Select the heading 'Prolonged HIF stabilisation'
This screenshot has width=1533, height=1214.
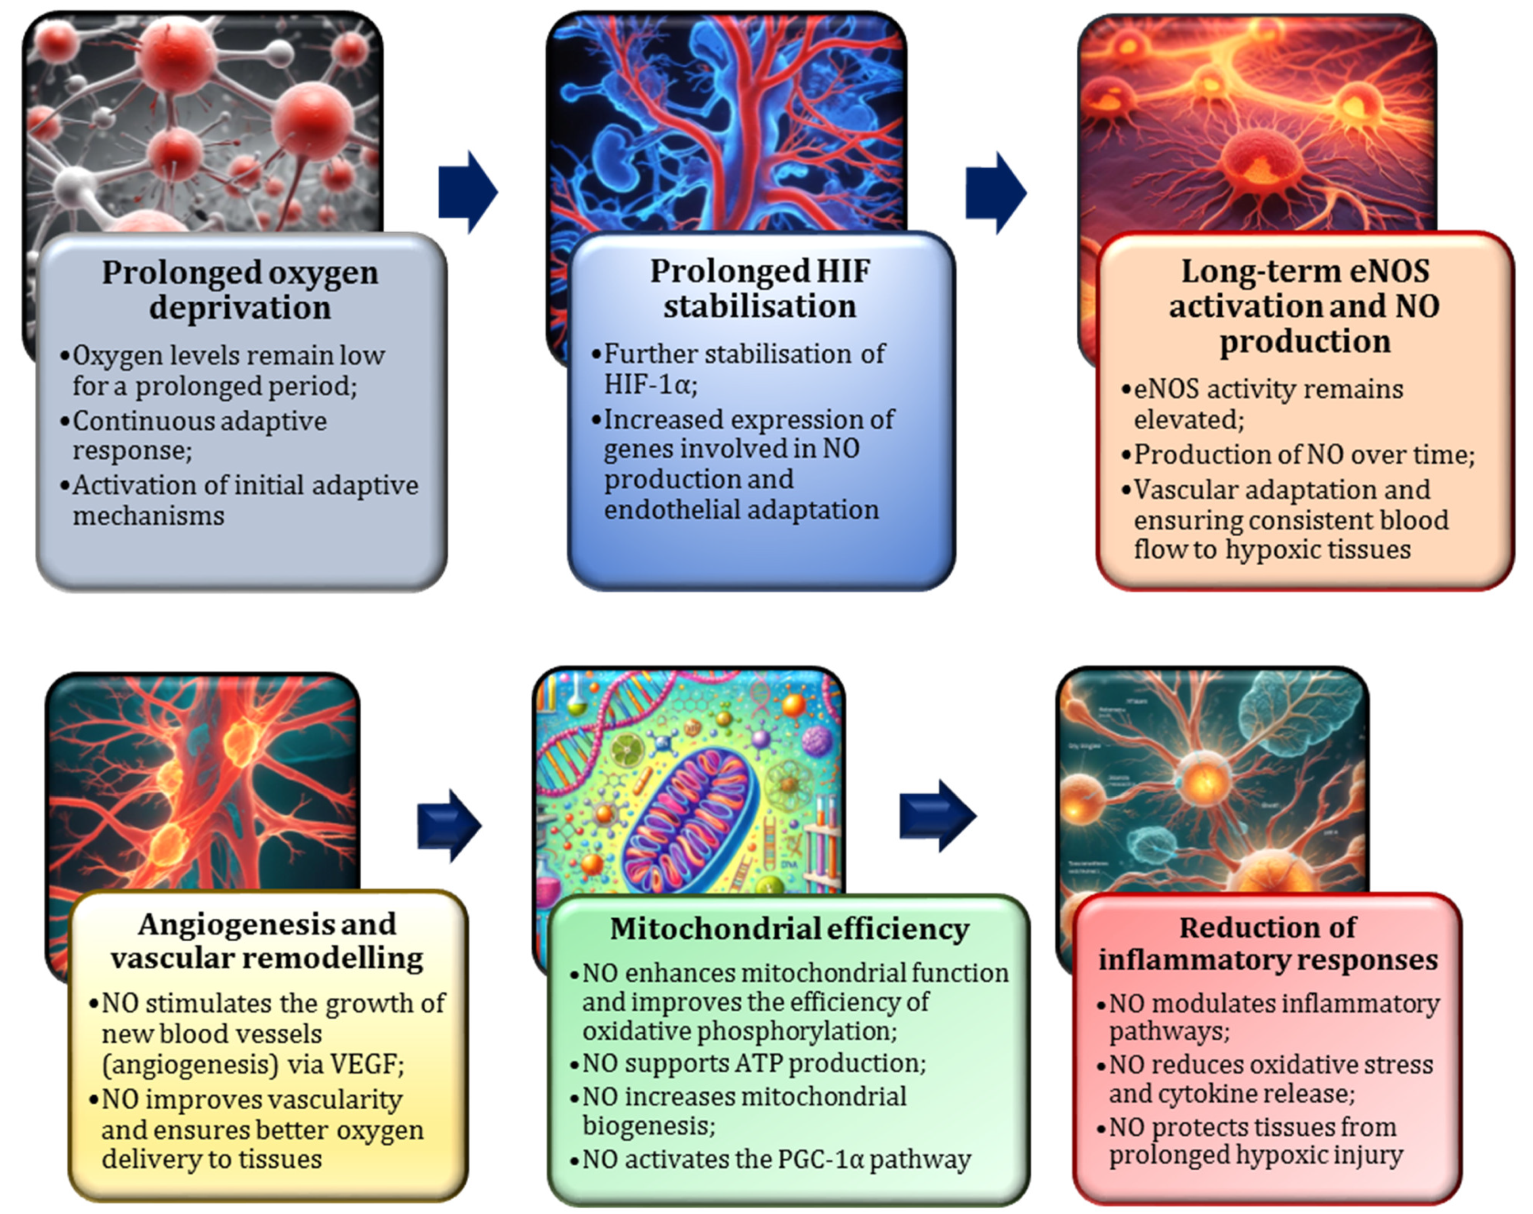759,289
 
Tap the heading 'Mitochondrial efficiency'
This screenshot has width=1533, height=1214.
789,929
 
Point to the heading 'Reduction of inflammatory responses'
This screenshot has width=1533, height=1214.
1268,943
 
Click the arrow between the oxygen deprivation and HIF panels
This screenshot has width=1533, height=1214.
468,192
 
